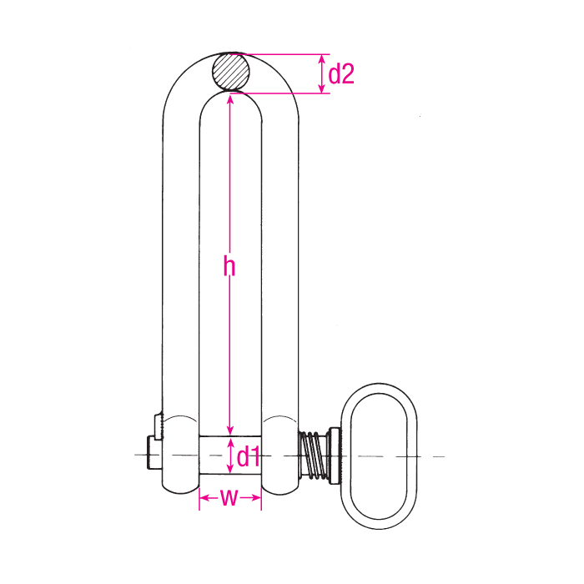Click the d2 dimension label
tap(341, 74)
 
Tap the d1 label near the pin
tap(249, 456)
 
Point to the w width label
tap(230, 498)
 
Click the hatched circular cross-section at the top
tap(230, 72)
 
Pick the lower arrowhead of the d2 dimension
tap(323, 88)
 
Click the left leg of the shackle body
tap(180, 267)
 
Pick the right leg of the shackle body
tap(279, 267)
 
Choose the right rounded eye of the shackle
tap(279, 456)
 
